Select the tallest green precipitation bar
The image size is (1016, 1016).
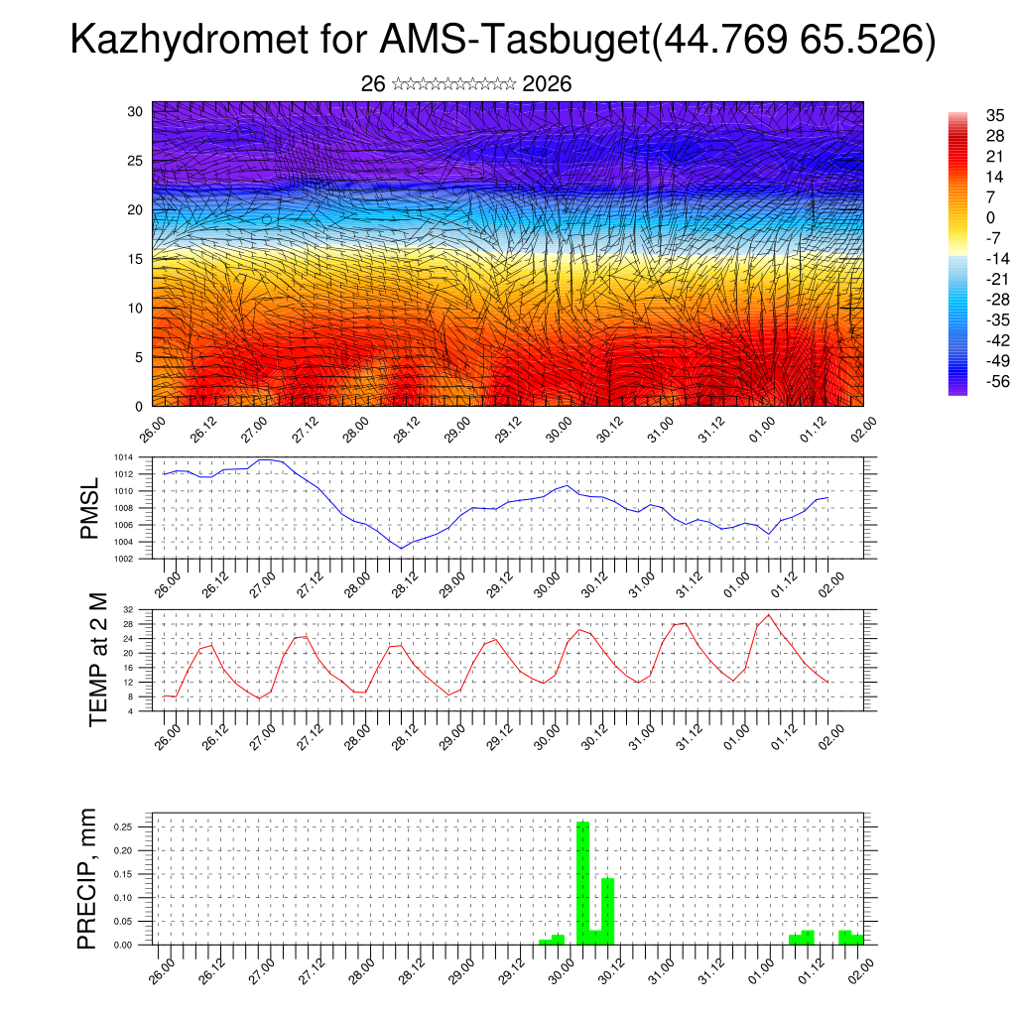(582, 882)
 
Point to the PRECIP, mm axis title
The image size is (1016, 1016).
(89, 879)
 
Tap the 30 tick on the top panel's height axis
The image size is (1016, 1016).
(135, 111)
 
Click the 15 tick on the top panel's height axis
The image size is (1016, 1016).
(135, 259)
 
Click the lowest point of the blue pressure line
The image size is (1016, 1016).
(401, 548)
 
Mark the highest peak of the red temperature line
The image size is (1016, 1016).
(768, 615)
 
